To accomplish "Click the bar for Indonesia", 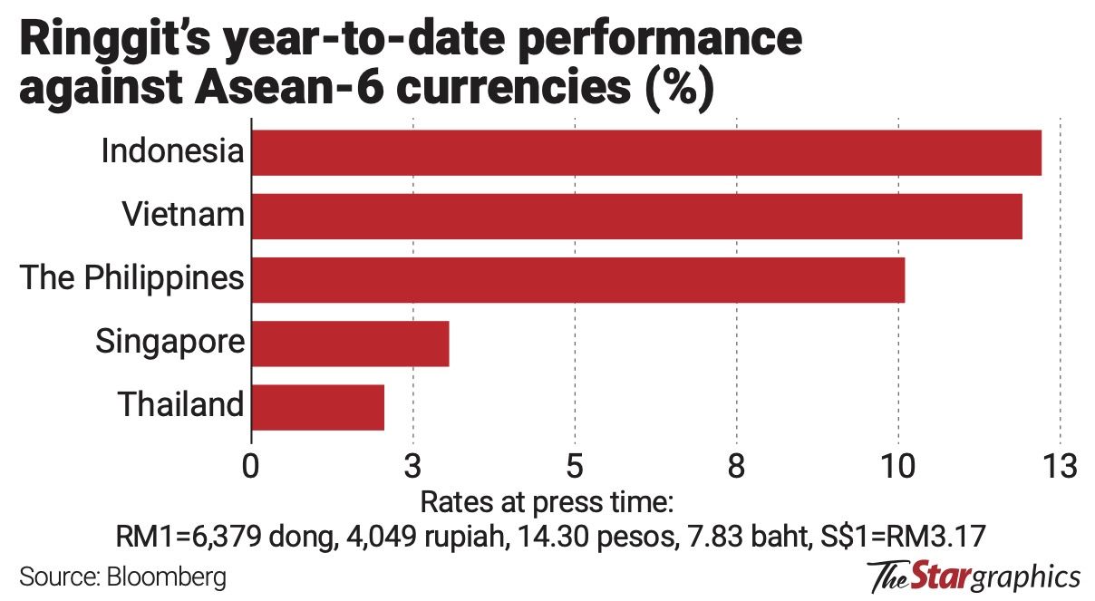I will pyautogui.click(x=645, y=153).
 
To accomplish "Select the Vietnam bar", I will pyautogui.click(x=636, y=217).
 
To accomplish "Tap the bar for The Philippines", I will pyautogui.click(x=577, y=280).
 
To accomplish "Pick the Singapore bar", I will pyautogui.click(x=350, y=344).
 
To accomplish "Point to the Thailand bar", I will pyautogui.click(x=317, y=407).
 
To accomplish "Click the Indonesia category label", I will pyautogui.click(x=172, y=151).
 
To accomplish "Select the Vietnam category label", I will pyautogui.click(x=183, y=215).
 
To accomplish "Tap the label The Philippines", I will pyautogui.click(x=132, y=277).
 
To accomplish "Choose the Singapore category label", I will pyautogui.click(x=170, y=342).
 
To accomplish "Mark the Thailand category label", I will pyautogui.click(x=181, y=404).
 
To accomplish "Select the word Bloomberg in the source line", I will pyautogui.click(x=168, y=577).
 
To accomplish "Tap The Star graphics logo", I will pyautogui.click(x=974, y=577).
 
